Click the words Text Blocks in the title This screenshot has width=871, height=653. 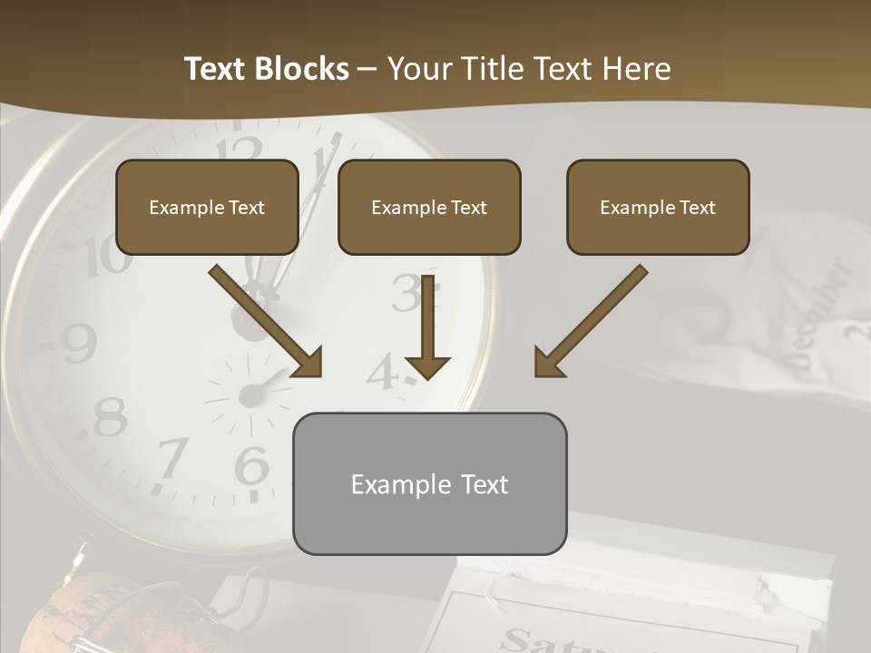(x=266, y=69)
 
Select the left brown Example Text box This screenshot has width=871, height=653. (x=207, y=208)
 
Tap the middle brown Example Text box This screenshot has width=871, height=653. (x=429, y=208)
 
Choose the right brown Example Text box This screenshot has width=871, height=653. (x=658, y=208)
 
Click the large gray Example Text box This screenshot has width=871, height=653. (x=429, y=483)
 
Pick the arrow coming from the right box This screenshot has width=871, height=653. (x=590, y=322)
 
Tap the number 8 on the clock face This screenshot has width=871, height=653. (x=110, y=417)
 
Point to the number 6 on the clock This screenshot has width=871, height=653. (x=251, y=466)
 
